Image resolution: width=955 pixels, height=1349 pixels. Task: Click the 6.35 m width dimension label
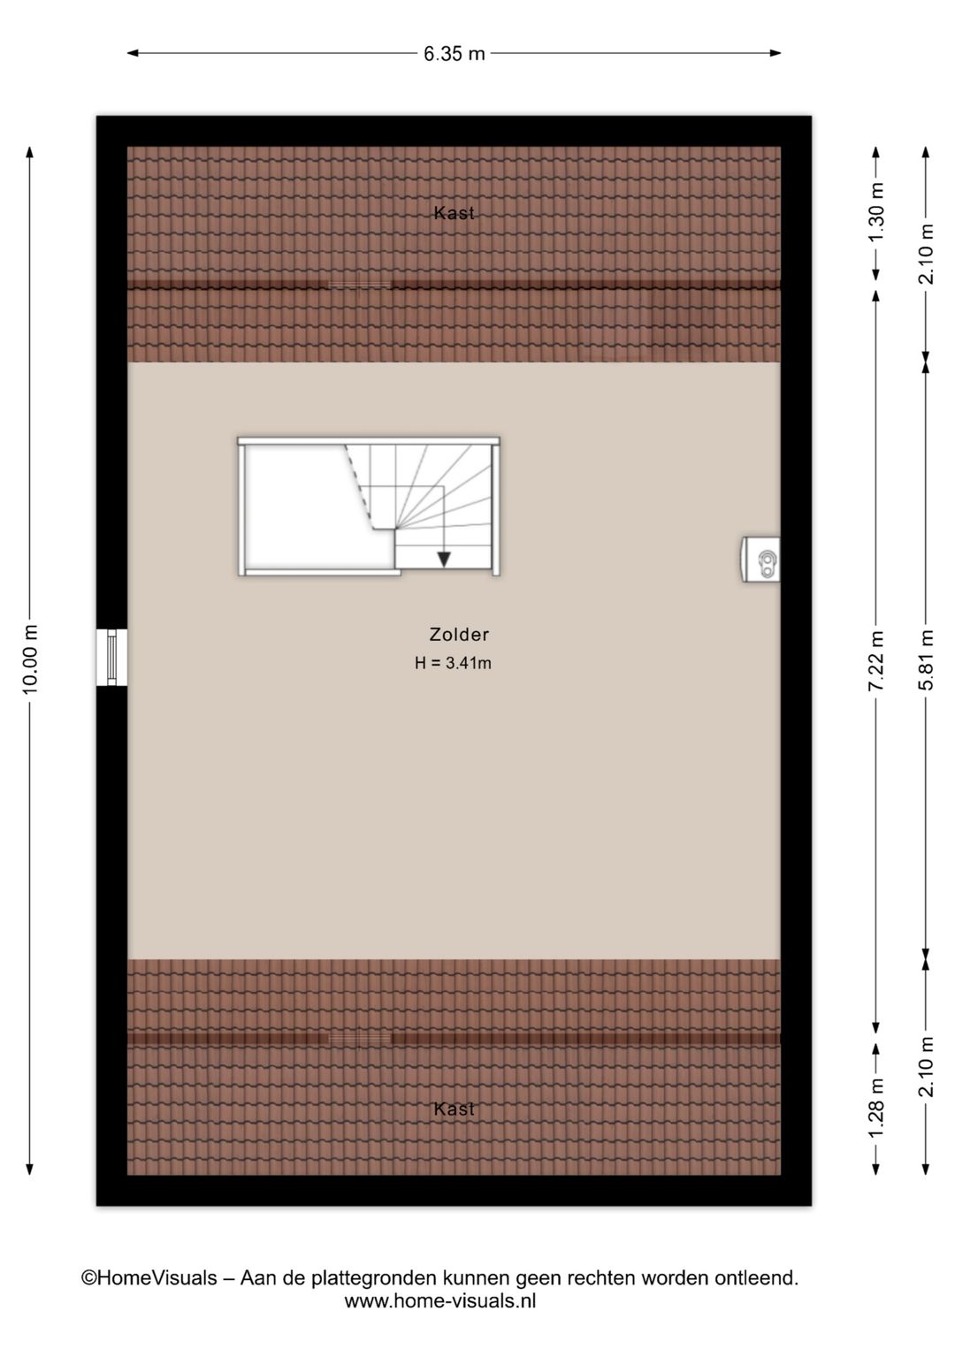coord(454,54)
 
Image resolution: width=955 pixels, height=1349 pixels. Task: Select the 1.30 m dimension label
coord(876,212)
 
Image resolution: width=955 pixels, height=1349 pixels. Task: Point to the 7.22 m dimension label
coord(876,660)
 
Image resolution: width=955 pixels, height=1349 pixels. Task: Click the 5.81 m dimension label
coord(926,659)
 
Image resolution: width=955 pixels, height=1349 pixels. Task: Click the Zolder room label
coord(459,634)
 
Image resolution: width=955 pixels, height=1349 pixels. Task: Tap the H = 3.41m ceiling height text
coord(453,663)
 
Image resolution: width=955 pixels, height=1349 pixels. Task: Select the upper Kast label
coord(455,212)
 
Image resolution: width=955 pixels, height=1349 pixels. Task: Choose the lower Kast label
coord(455,1109)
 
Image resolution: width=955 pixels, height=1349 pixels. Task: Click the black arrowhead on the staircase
coord(444,560)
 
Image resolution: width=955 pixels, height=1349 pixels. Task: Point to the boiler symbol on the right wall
coord(760,560)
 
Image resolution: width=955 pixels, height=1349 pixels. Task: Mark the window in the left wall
coord(112,657)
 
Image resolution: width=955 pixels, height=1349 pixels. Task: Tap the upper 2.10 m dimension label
coord(926,254)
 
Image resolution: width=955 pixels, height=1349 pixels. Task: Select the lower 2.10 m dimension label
coord(926,1066)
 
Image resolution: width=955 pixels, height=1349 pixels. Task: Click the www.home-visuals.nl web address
coord(439,1301)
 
